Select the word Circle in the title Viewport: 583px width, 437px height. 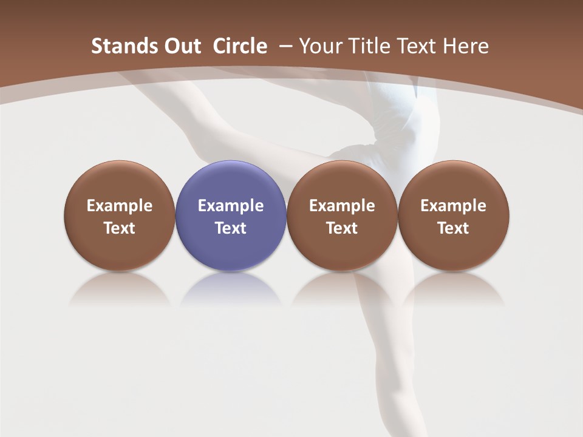(240, 46)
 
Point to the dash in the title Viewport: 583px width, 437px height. (283, 46)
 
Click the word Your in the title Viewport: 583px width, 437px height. (320, 46)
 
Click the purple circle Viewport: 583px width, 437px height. (231, 215)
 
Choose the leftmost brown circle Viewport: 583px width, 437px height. (120, 215)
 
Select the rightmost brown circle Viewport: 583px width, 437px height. (454, 215)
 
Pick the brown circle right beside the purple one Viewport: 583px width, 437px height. (342, 215)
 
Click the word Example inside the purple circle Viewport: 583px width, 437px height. (231, 206)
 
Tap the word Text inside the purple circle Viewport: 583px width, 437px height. (231, 228)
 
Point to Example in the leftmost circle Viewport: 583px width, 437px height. (120, 206)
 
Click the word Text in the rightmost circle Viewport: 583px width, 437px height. (454, 228)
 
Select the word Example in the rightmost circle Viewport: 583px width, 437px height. (454, 206)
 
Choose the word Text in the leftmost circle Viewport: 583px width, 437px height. (120, 228)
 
